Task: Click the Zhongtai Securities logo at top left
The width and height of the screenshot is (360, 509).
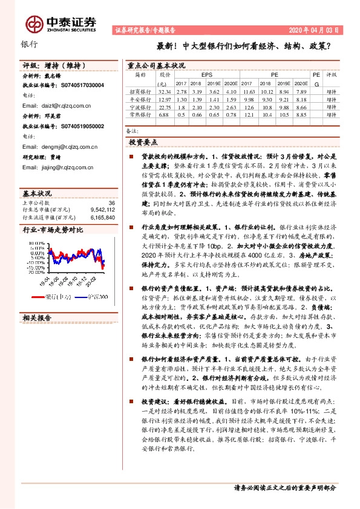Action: click(61, 23)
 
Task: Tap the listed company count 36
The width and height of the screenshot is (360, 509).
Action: click(111, 203)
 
